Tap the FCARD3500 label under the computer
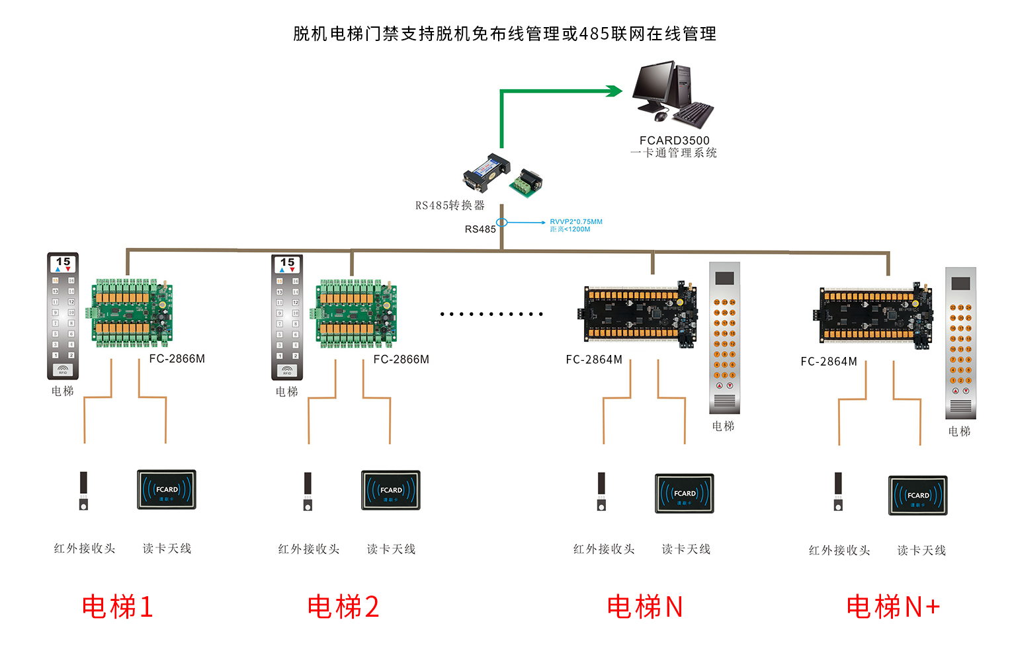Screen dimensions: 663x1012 (x=674, y=140)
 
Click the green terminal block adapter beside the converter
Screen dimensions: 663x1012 (x=527, y=183)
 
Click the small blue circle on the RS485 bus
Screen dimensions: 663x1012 (x=502, y=223)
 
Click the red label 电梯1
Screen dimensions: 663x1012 (x=118, y=607)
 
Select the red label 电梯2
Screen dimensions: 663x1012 (x=343, y=607)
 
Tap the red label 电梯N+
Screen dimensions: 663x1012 (x=893, y=607)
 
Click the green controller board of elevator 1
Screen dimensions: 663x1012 (x=133, y=313)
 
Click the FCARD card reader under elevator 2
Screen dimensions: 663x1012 (x=391, y=490)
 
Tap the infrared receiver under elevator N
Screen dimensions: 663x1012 (x=601, y=492)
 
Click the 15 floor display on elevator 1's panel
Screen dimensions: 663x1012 (x=63, y=263)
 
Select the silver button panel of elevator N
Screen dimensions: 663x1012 (x=724, y=338)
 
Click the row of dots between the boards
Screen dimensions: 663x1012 (x=491, y=314)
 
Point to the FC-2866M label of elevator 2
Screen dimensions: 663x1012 (x=401, y=360)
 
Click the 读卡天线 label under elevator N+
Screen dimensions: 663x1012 (x=921, y=551)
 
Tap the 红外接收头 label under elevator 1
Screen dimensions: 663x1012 (x=85, y=549)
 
